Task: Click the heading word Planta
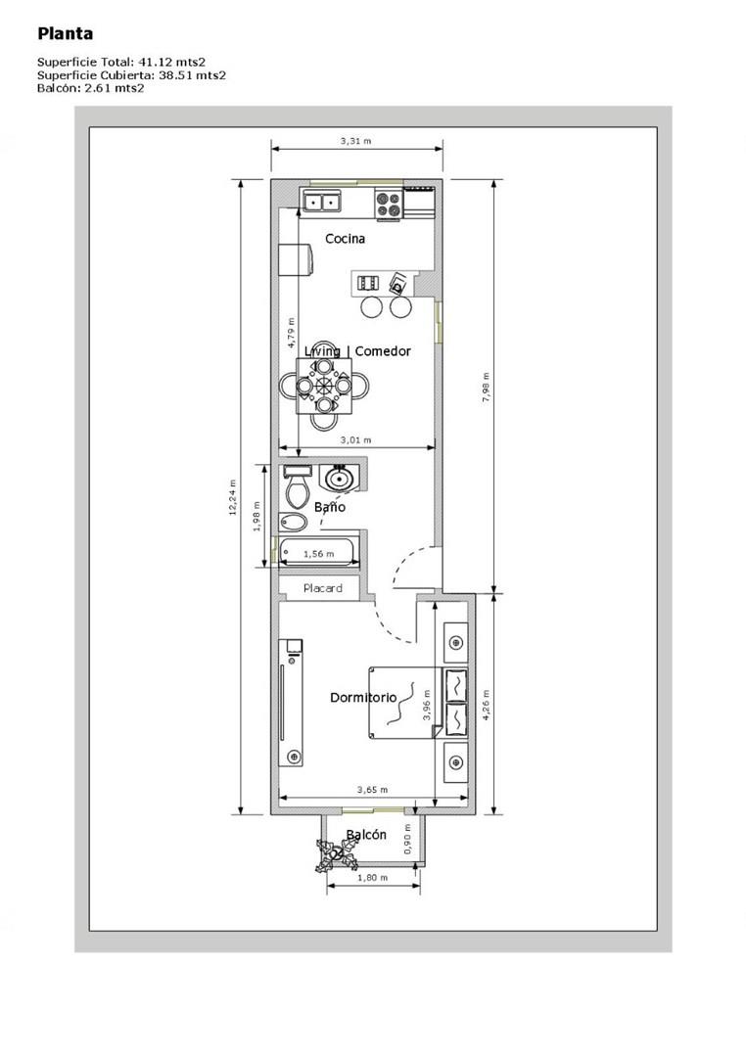(66, 33)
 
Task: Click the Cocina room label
(345, 238)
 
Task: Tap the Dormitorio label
(363, 697)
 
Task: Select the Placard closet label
(322, 588)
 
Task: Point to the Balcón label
(366, 835)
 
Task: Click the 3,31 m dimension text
(355, 142)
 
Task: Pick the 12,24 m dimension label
(233, 497)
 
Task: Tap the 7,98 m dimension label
(486, 389)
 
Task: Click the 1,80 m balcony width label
(372, 878)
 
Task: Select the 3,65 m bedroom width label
(372, 790)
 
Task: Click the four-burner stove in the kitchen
(390, 205)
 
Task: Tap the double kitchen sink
(322, 201)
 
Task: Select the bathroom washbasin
(340, 479)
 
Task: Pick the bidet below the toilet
(292, 522)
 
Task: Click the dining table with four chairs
(324, 386)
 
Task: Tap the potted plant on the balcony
(336, 854)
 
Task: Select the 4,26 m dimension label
(486, 705)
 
